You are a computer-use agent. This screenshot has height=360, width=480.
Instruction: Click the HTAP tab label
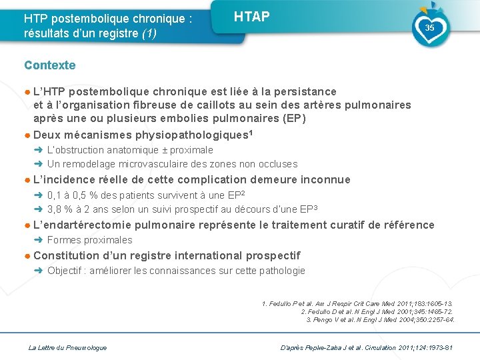tap(252, 17)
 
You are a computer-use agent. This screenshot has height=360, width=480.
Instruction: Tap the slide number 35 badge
tap(429, 28)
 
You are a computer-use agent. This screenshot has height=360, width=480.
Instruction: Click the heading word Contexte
tap(50, 65)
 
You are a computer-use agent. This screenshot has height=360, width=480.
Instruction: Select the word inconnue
tap(325, 179)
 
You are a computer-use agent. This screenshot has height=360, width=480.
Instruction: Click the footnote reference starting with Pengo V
tap(381, 320)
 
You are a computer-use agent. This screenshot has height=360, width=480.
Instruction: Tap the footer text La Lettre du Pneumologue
tap(67, 347)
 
